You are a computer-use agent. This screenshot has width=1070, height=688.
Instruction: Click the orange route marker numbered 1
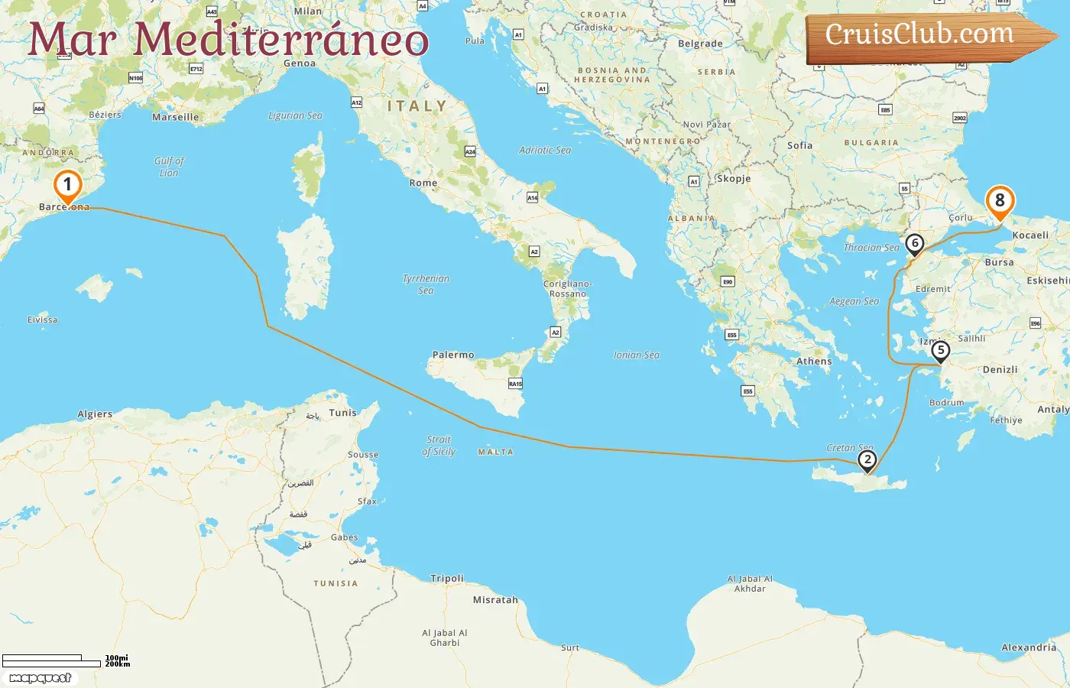click(67, 184)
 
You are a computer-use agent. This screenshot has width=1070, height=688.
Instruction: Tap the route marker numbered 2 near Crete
click(867, 459)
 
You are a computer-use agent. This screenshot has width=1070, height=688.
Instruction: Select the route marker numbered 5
click(940, 351)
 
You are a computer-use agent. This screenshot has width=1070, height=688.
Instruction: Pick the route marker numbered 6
click(914, 243)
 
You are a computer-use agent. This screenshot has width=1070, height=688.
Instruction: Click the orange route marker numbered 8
click(999, 200)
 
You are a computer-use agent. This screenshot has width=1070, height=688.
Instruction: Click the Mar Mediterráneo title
click(227, 40)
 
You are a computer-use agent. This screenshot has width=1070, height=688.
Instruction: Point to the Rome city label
click(423, 183)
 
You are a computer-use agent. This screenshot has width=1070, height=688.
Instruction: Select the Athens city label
click(814, 362)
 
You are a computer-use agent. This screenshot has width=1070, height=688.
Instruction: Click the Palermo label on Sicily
click(453, 355)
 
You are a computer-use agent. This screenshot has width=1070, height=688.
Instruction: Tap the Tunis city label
click(342, 413)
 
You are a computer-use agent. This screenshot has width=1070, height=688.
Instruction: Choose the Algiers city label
click(95, 414)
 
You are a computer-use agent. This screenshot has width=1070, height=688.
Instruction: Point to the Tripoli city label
click(447, 579)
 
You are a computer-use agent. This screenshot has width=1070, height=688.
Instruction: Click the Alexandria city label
click(1029, 647)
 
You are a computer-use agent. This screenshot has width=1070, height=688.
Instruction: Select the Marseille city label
click(175, 118)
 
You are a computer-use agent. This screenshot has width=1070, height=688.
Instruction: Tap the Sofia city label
click(800, 145)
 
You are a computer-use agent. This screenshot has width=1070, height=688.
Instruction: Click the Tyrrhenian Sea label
click(426, 284)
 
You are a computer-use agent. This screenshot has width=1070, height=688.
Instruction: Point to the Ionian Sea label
click(636, 355)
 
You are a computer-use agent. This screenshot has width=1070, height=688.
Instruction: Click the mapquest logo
click(41, 678)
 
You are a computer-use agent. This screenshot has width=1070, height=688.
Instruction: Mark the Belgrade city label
click(700, 44)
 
